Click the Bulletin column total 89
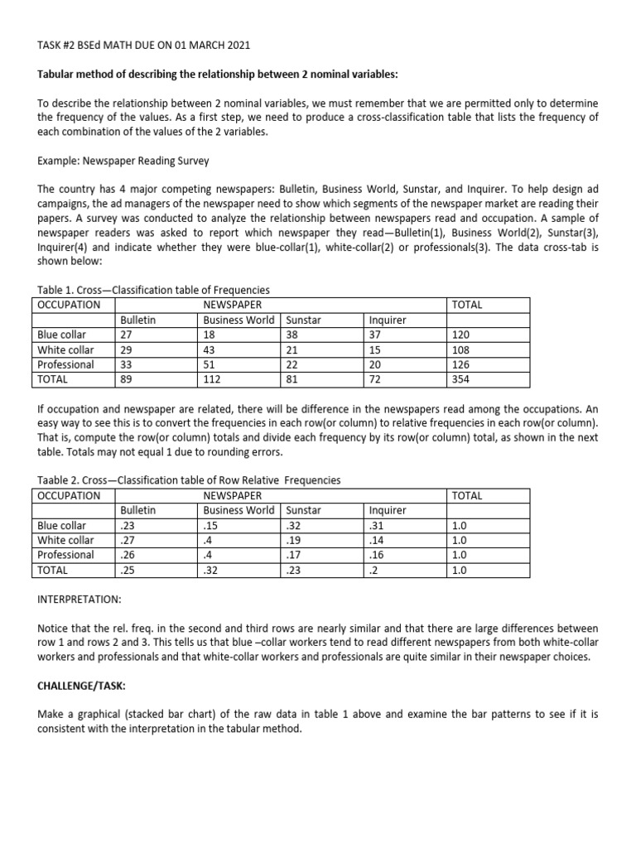tap(127, 379)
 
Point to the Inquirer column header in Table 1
tap(387, 320)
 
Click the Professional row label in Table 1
tap(65, 364)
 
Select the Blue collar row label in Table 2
tap(61, 526)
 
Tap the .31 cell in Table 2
tap(377, 526)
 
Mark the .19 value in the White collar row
tap(292, 541)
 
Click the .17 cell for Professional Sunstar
tap(292, 556)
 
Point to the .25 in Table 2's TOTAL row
tap(128, 571)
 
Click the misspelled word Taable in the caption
tap(55, 480)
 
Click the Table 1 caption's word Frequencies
tap(238, 290)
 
